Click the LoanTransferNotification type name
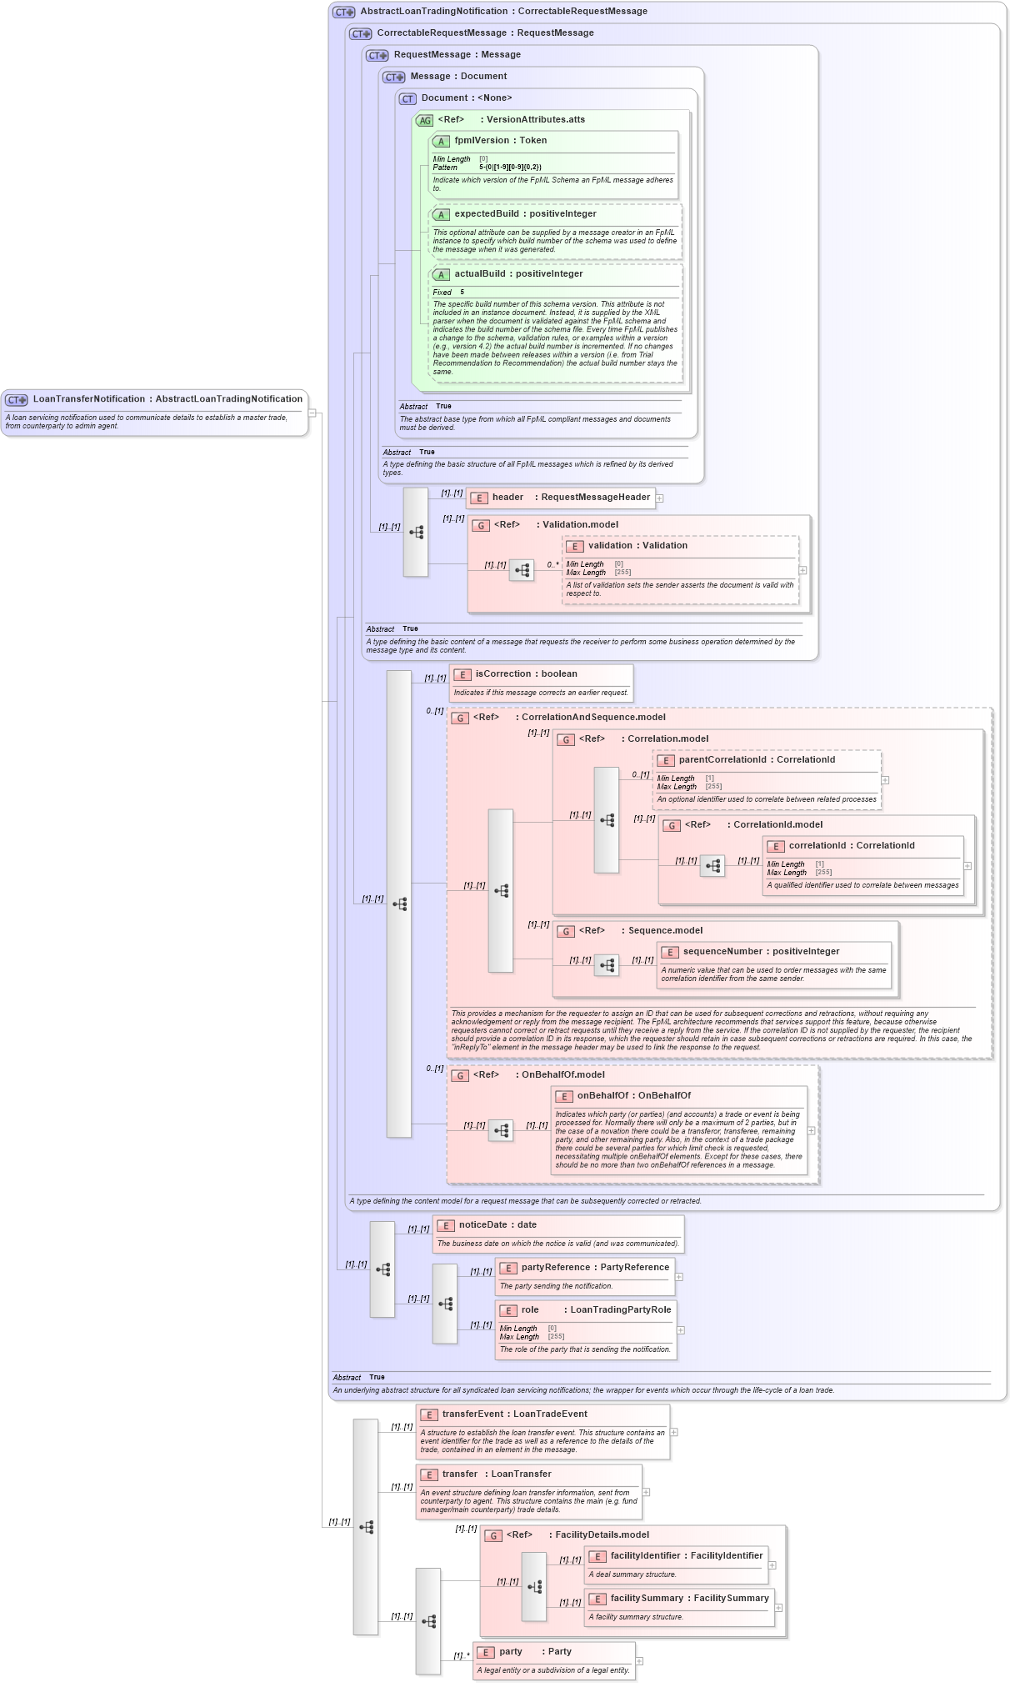[88, 399]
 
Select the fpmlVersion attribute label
[482, 141]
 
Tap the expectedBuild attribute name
[487, 214]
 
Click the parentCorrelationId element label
[722, 760]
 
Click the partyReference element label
[559, 1268]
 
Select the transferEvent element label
[472, 1414]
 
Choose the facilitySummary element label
[647, 1599]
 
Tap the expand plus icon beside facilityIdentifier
[772, 1565]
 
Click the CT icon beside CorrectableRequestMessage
[361, 34]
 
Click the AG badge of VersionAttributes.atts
[425, 121]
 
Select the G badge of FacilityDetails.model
[493, 1536]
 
